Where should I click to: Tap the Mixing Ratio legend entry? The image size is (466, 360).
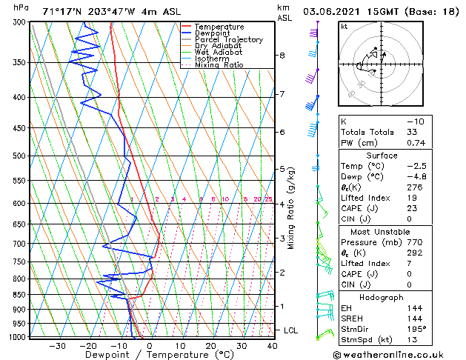click(219, 65)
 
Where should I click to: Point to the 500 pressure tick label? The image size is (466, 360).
click(19, 156)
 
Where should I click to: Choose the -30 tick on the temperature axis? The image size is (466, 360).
click(57, 346)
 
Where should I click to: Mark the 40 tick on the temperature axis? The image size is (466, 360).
click(273, 346)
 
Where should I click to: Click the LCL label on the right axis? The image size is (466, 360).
click(292, 330)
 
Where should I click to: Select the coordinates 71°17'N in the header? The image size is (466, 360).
click(65, 11)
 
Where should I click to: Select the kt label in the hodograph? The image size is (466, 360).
click(344, 27)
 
